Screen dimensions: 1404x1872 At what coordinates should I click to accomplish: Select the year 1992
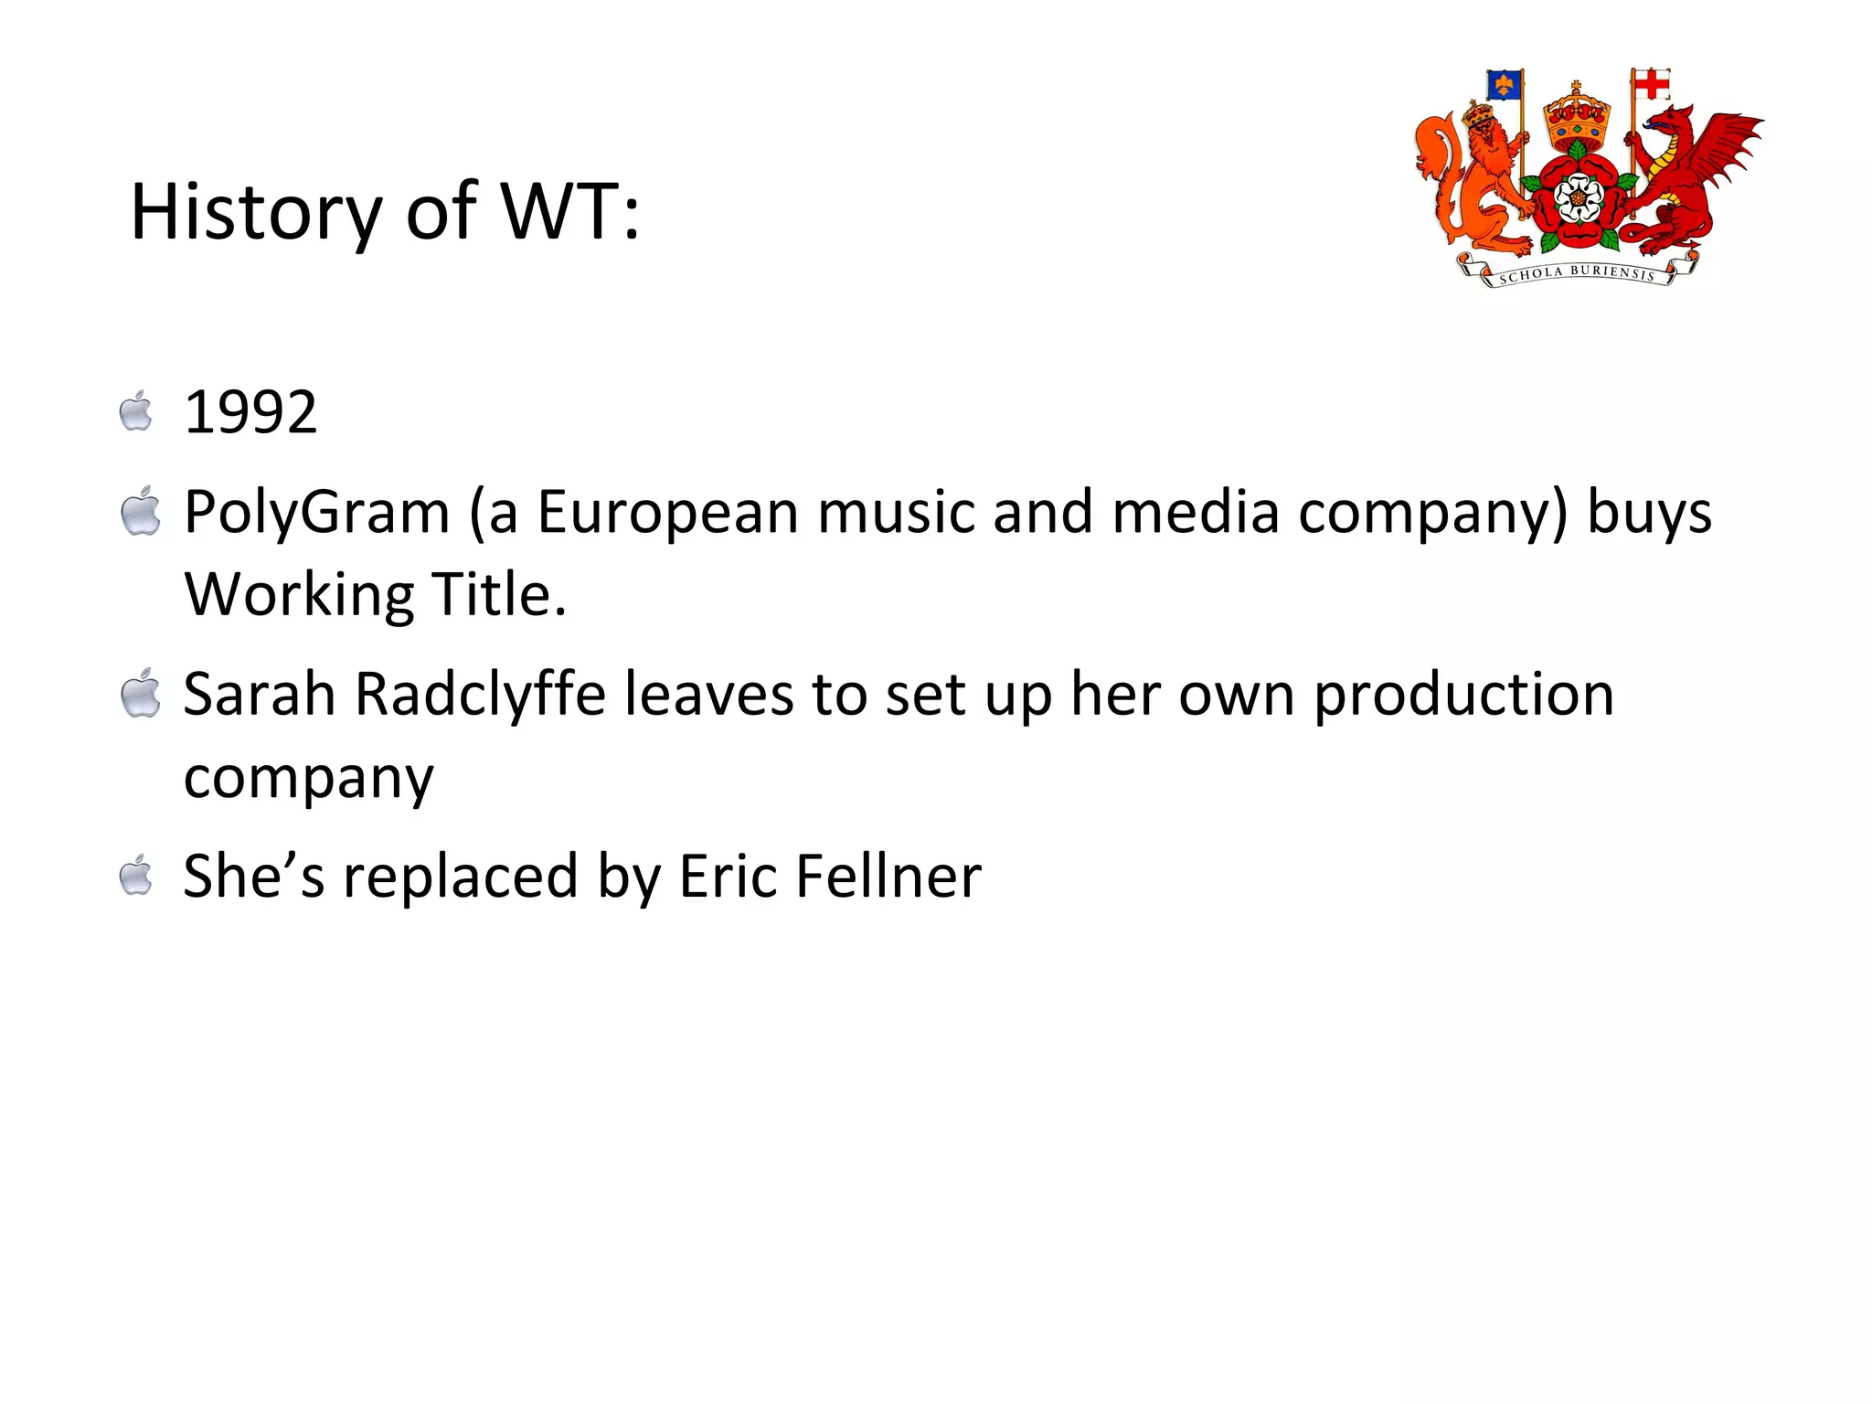250,412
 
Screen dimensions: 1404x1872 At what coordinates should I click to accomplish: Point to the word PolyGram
316,512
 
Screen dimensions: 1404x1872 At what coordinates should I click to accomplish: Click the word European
667,512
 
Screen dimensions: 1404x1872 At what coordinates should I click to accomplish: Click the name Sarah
260,694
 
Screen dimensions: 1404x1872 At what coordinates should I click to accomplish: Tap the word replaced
461,877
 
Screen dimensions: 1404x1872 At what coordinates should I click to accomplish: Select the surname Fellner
888,876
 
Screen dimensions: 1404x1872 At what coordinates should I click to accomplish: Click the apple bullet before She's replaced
137,875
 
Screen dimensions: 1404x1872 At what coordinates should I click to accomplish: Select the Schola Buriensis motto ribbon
1577,272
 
